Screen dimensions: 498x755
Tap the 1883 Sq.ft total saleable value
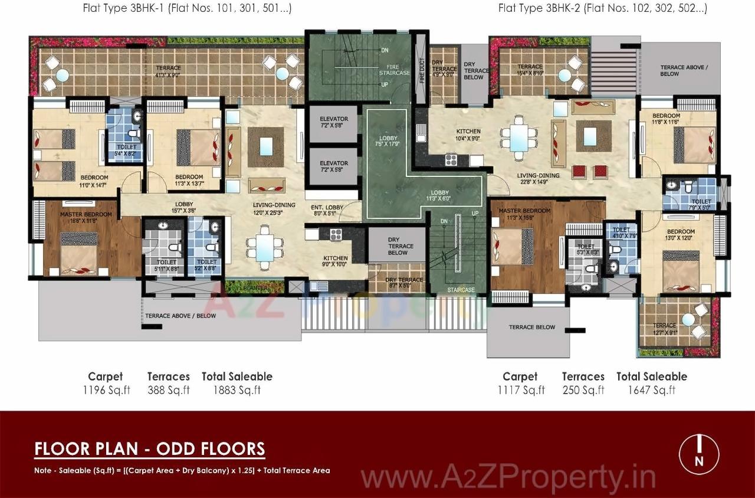tap(237, 390)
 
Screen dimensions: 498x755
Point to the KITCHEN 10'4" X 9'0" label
tap(468, 135)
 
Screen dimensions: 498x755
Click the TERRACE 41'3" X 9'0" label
tap(168, 71)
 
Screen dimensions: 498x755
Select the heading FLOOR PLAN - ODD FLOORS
tap(150, 449)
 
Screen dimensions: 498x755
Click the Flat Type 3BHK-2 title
tap(602, 8)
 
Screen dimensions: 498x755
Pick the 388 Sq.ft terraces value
tap(168, 390)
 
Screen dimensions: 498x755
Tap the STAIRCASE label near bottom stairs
tap(461, 290)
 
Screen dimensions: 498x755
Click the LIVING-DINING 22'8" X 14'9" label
tap(539, 179)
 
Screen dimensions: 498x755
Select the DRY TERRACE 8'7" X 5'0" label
tap(404, 283)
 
